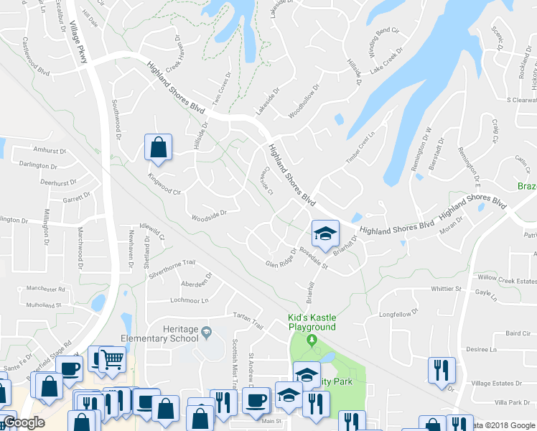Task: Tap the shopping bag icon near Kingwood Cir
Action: coord(157,147)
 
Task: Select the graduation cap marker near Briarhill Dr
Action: coord(324,233)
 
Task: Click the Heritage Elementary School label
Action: coord(172,333)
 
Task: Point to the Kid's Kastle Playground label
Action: coord(312,322)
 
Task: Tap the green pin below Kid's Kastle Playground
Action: coord(311,340)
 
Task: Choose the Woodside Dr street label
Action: coord(209,213)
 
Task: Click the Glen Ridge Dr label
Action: coord(281,257)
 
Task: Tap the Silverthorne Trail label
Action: coord(172,263)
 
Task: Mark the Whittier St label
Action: coord(446,289)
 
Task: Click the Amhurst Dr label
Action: coord(50,151)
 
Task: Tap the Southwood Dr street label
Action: coord(116,119)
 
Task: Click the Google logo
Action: coord(24,423)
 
